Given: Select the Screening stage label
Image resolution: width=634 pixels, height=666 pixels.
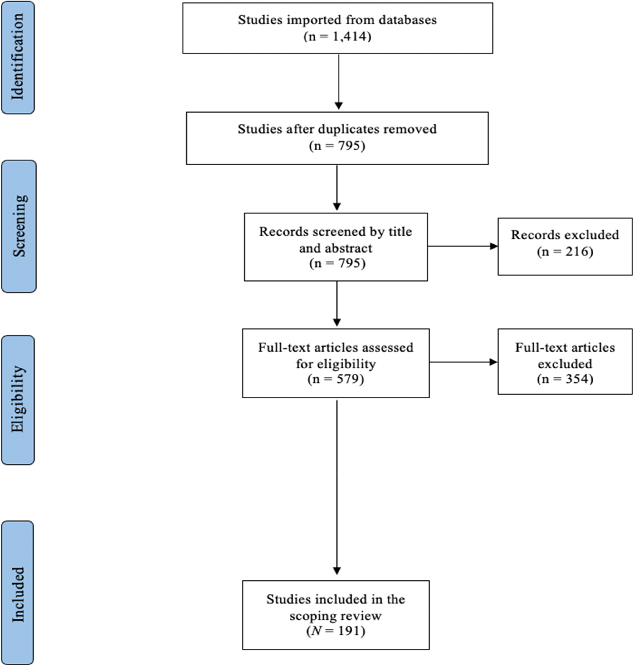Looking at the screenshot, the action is click(x=19, y=226).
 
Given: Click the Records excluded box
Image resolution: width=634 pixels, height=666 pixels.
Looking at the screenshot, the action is click(x=565, y=246).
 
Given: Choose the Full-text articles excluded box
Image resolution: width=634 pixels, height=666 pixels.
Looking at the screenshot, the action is click(x=565, y=361).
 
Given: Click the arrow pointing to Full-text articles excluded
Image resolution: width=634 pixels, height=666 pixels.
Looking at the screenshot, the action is click(x=463, y=362).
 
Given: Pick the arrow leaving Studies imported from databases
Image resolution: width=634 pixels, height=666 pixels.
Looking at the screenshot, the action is click(x=339, y=81).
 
